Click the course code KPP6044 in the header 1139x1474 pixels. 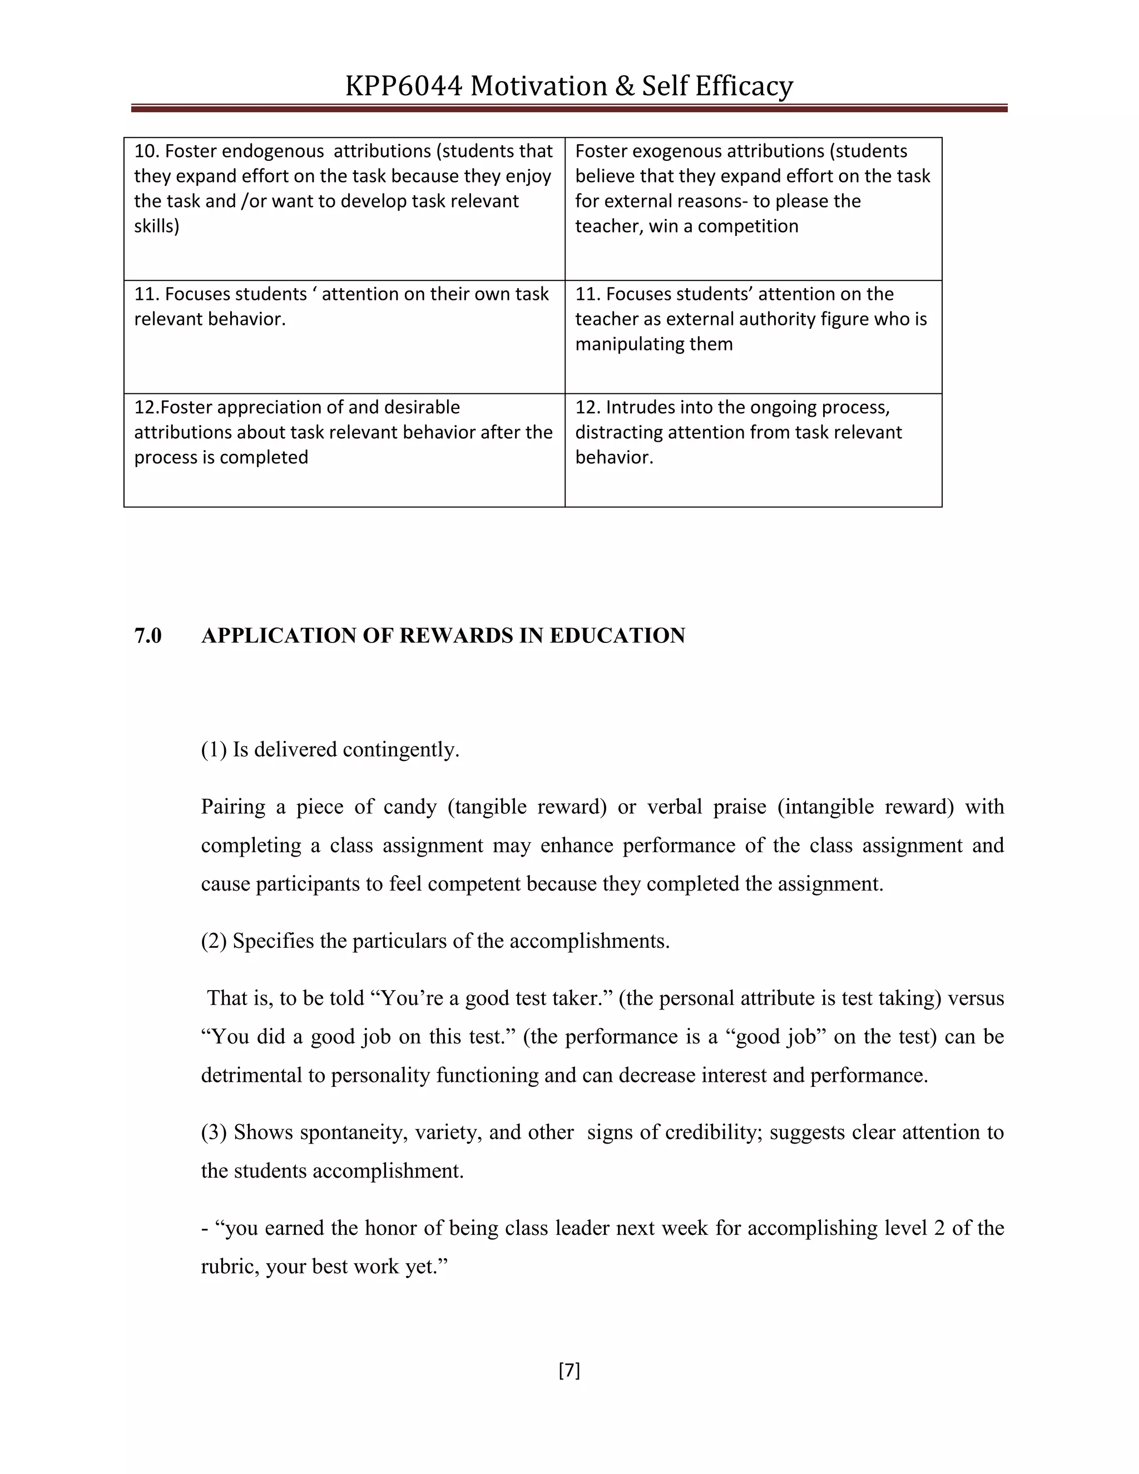point(404,86)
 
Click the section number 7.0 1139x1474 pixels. point(148,636)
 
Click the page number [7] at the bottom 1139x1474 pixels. point(569,1371)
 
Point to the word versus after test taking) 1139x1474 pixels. point(975,998)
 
